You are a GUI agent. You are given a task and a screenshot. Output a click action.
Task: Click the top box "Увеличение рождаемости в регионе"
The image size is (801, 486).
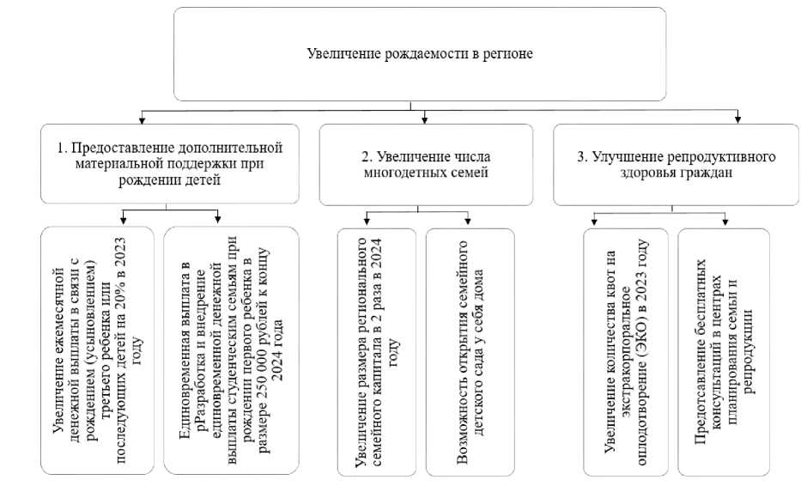pos(420,54)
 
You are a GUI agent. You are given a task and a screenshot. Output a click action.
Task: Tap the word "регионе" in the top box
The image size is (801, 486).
pos(510,54)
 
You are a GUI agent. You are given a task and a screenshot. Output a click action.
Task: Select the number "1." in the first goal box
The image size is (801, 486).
pos(63,148)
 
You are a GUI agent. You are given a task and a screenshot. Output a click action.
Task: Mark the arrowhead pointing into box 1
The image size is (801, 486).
pos(142,118)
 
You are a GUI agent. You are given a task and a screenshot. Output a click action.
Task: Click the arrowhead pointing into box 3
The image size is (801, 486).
pos(737,118)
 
